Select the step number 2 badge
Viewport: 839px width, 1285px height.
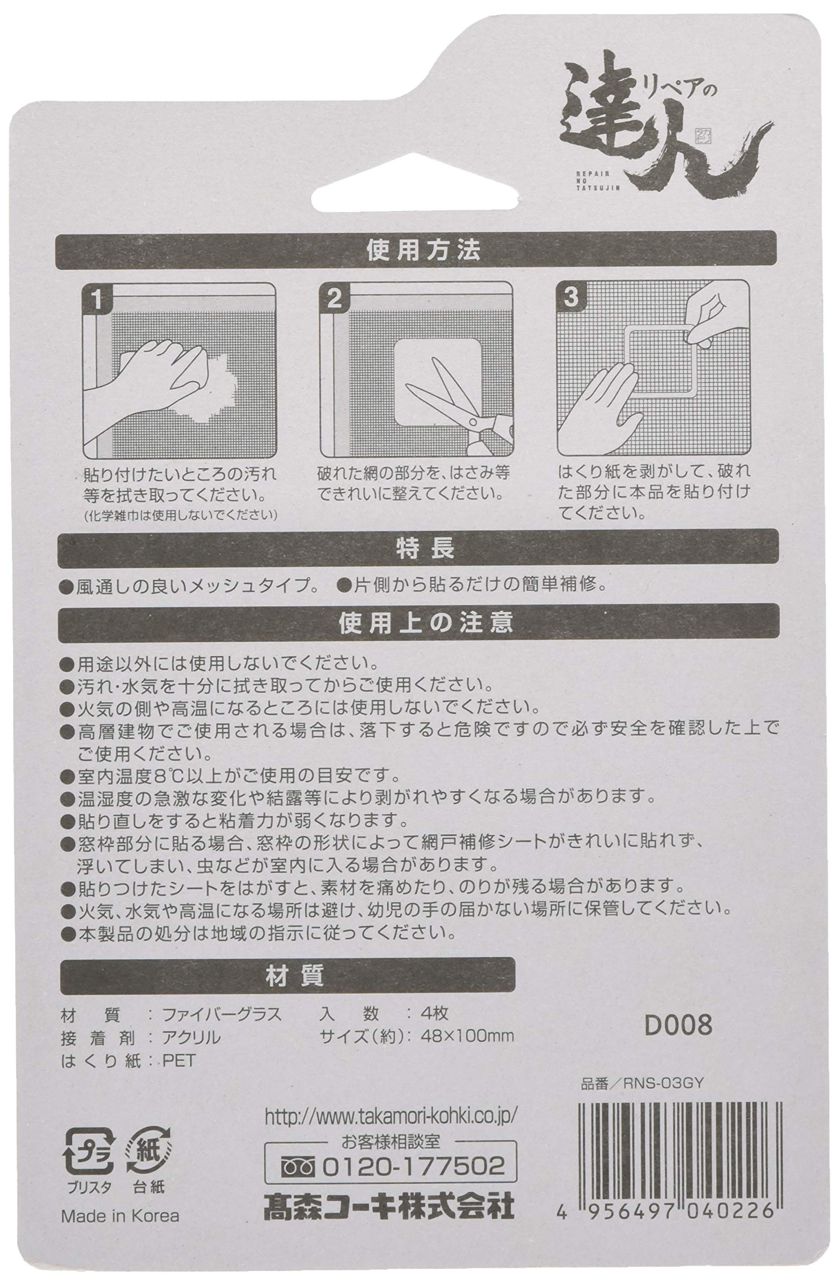click(334, 299)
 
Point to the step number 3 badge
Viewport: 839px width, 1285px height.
click(571, 298)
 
